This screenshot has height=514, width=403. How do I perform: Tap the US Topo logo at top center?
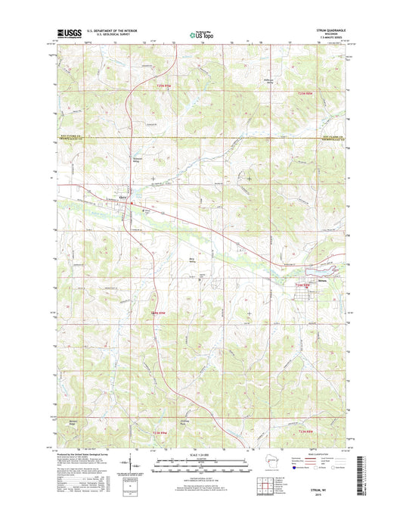(200, 33)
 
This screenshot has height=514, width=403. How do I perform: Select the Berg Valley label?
(193, 260)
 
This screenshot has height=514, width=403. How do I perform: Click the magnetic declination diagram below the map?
(134, 468)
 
